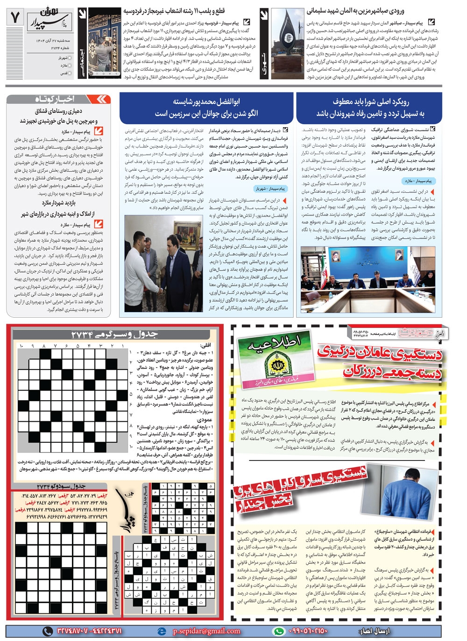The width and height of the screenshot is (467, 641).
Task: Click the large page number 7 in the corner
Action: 15,18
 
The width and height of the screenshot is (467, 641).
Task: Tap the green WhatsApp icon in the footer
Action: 278,631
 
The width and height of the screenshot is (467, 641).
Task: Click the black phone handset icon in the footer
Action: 48,631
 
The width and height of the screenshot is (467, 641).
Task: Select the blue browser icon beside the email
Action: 162,631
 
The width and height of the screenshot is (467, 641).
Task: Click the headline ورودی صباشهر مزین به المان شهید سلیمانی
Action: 355,10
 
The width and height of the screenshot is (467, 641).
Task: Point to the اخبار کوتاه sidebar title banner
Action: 60,99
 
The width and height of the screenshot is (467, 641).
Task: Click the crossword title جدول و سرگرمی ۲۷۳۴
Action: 114,334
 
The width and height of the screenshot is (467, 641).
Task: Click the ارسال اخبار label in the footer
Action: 373,631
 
